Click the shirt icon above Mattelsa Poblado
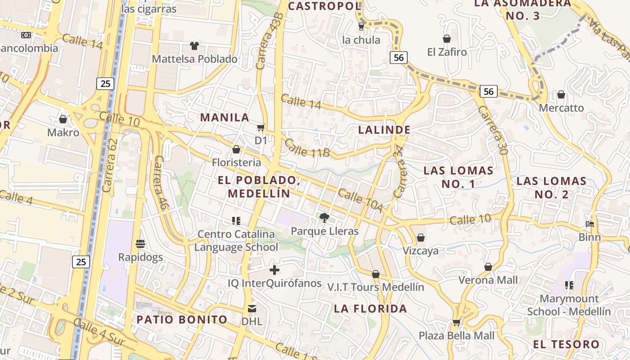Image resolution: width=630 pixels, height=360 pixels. [194, 46]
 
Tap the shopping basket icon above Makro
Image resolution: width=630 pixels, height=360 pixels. [63, 119]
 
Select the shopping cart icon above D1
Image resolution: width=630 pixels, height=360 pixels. [261, 128]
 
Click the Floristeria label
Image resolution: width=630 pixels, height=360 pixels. [236, 162]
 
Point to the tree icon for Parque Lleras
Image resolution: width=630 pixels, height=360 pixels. [324, 218]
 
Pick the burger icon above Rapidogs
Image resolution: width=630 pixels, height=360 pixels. [140, 244]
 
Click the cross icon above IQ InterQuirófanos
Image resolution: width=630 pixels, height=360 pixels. [274, 270]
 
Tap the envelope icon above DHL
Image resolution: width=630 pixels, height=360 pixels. [252, 308]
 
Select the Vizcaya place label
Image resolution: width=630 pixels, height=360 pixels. [420, 251]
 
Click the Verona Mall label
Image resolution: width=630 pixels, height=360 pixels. [488, 280]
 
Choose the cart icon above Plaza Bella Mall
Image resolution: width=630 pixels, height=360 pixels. [456, 322]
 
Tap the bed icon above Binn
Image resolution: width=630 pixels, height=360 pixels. [589, 224]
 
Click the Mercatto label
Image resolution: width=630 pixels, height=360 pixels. [561, 108]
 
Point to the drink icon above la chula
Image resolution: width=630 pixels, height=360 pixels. [361, 27]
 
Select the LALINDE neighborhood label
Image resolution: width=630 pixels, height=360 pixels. [384, 130]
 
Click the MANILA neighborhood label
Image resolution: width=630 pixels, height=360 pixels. [225, 117]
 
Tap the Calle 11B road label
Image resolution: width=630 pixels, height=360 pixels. [307, 148]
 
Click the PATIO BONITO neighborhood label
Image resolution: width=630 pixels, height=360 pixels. [182, 319]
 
